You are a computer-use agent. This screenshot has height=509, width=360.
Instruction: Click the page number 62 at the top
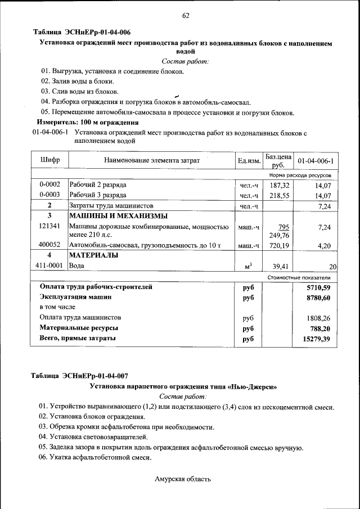pos(186,15)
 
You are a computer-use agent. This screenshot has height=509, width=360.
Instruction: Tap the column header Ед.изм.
pos(249,161)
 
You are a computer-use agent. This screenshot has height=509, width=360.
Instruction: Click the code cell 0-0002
pos(50,184)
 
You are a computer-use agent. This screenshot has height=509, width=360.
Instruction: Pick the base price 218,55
pos(279,195)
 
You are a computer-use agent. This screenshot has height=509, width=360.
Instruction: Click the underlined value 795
pos(283,227)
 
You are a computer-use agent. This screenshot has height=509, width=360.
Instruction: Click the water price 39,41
pos(280,266)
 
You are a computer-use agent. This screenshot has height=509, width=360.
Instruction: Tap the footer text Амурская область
pos(183,479)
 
